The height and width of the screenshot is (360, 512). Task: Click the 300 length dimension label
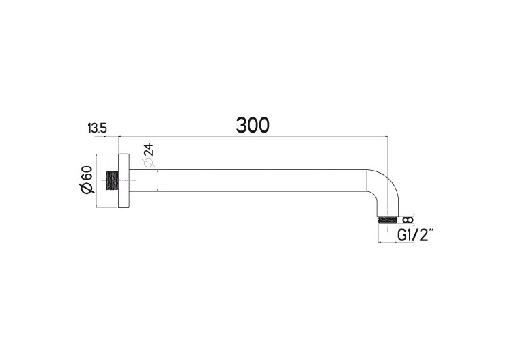253,124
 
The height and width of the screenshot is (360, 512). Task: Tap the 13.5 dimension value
98,128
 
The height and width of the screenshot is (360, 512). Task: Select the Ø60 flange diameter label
87,181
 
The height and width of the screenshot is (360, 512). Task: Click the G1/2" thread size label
415,236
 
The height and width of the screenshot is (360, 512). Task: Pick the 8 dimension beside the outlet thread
408,219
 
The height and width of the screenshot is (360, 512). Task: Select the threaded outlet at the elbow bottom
386,220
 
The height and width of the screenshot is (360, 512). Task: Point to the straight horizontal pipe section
259,180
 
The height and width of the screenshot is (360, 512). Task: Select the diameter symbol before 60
87,191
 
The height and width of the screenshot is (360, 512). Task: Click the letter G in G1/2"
403,236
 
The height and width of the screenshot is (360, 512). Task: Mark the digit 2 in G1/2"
424,236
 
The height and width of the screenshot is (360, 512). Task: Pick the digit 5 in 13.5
104,128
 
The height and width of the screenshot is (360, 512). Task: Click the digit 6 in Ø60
87,179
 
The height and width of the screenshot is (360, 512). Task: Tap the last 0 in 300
264,124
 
